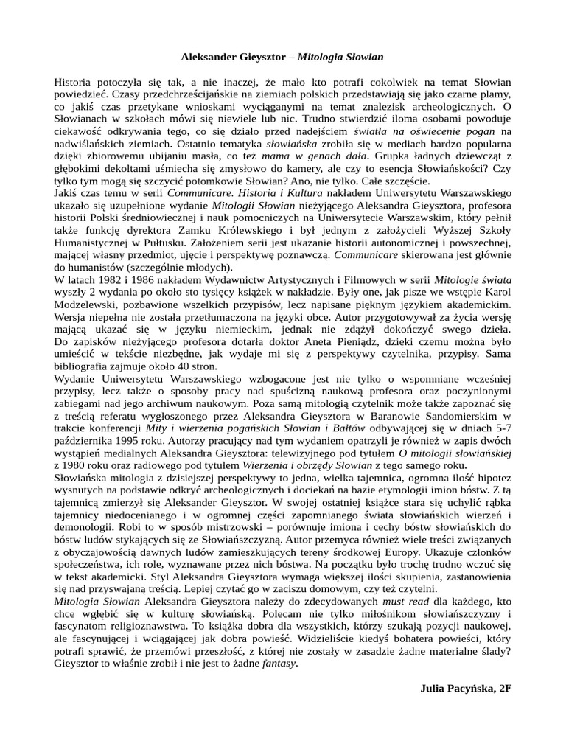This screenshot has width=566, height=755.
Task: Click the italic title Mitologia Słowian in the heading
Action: pos(340,55)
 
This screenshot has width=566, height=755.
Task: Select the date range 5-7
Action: pos(503,426)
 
